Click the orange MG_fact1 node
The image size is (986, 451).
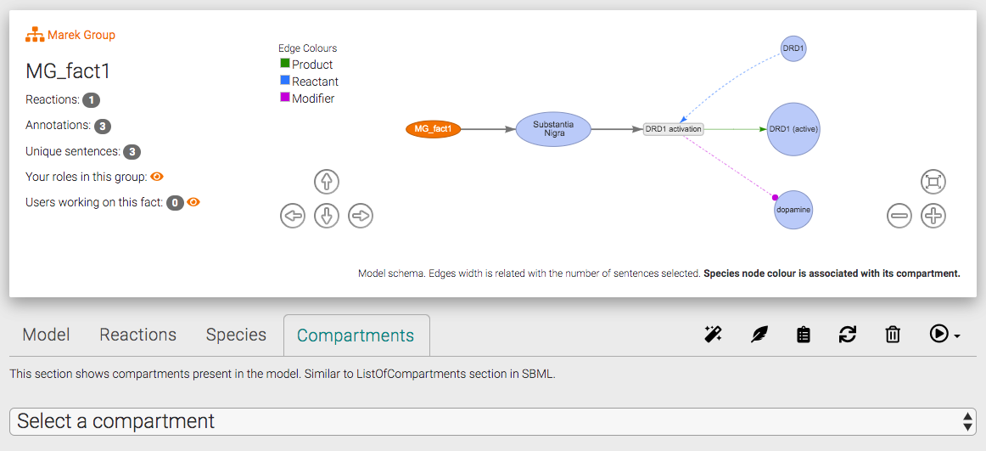[x=433, y=129]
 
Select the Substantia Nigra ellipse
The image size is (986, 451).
[x=553, y=129]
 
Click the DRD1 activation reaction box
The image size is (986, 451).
[x=674, y=129]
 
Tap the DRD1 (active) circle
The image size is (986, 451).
[x=793, y=129]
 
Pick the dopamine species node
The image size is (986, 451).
[x=793, y=210]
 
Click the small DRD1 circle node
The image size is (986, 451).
[x=793, y=48]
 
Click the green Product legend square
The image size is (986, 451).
[x=285, y=64]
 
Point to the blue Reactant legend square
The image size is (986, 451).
[x=285, y=81]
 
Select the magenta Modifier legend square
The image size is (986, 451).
[x=285, y=98]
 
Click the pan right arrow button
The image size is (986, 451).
[x=361, y=216]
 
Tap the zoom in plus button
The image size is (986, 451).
[x=933, y=216]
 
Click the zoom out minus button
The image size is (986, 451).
[x=899, y=216]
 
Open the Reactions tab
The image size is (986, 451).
[x=137, y=335]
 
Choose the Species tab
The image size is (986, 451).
[x=236, y=335]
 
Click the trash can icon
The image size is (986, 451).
[x=892, y=335]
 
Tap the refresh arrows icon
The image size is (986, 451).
[x=847, y=335]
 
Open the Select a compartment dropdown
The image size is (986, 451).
[x=492, y=421]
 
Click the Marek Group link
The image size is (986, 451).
[x=81, y=35]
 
